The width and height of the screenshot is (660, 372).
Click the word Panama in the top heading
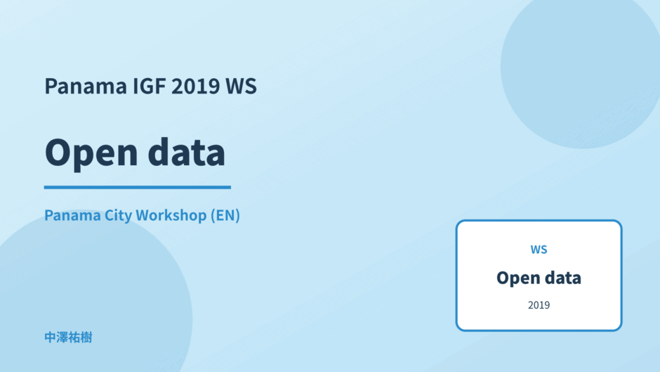[x=86, y=86]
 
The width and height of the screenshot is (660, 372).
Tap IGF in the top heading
[x=149, y=86]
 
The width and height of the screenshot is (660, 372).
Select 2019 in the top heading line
[x=196, y=86]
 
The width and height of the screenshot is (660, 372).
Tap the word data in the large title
[x=187, y=152]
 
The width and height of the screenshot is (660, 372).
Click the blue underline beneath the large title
[x=137, y=187]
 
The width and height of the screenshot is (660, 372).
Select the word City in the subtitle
[x=118, y=215]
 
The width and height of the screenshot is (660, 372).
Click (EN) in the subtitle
[x=225, y=215]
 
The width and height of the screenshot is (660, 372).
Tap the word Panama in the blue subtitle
[x=72, y=215]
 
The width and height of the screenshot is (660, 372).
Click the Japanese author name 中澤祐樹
[x=68, y=338]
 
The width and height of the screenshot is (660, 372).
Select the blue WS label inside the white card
[x=539, y=250]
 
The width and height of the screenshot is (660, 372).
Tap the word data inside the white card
[x=562, y=278]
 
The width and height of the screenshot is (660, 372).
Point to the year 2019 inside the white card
[x=539, y=305]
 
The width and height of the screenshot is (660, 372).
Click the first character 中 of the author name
[x=51, y=338]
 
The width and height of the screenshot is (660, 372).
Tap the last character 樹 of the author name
[x=86, y=338]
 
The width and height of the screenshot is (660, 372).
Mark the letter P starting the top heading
[x=51, y=86]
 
